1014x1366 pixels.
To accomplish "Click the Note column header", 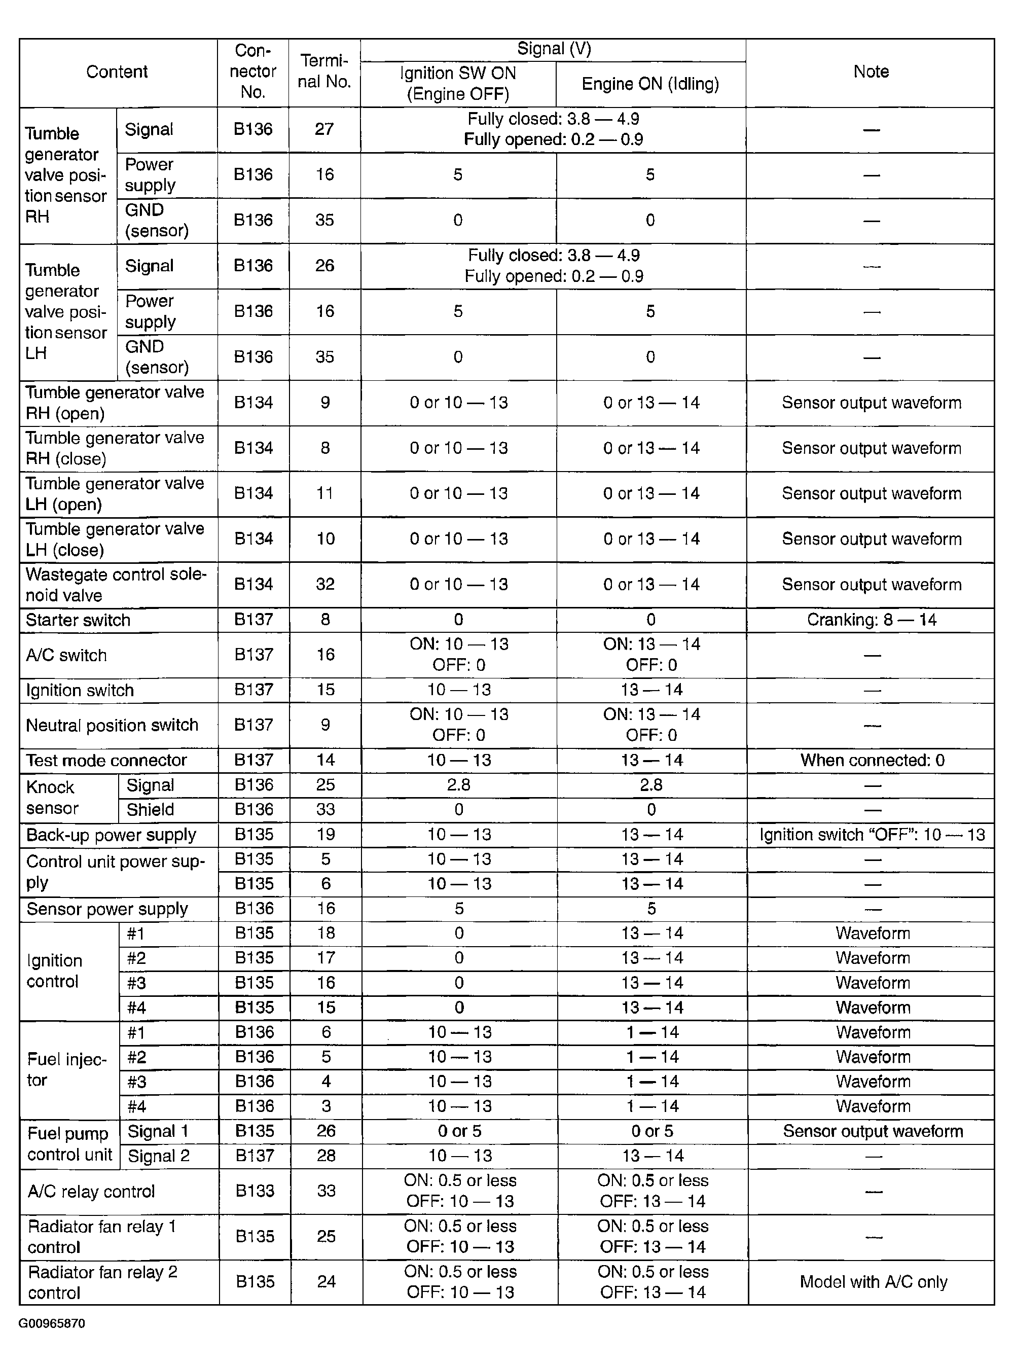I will pyautogui.click(x=871, y=72).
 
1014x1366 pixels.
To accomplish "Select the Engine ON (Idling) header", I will pyautogui.click(x=650, y=84).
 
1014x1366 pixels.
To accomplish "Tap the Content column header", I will pyautogui.click(x=117, y=72).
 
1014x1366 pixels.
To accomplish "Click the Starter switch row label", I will pyautogui.click(x=78, y=620).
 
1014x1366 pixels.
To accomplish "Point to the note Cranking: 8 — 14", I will pyautogui.click(x=871, y=620).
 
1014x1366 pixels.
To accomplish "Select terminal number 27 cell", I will pyautogui.click(x=324, y=129).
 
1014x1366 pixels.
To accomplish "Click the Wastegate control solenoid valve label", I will pyautogui.click(x=116, y=585).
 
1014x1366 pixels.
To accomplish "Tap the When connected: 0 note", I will pyautogui.click(x=872, y=760).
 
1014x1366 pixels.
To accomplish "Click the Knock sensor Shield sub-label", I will pyautogui.click(x=151, y=810).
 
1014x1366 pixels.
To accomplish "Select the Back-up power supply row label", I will pyautogui.click(x=111, y=835).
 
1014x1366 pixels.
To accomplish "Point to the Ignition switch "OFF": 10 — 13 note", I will pyautogui.click(x=872, y=835).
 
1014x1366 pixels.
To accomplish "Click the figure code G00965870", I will pyautogui.click(x=52, y=1323).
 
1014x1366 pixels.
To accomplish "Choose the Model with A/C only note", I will pyautogui.click(x=873, y=1282).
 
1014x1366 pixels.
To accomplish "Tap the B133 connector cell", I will pyautogui.click(x=255, y=1191).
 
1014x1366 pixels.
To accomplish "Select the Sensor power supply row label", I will pyautogui.click(x=107, y=909).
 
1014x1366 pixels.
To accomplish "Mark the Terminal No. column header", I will pyautogui.click(x=324, y=72).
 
